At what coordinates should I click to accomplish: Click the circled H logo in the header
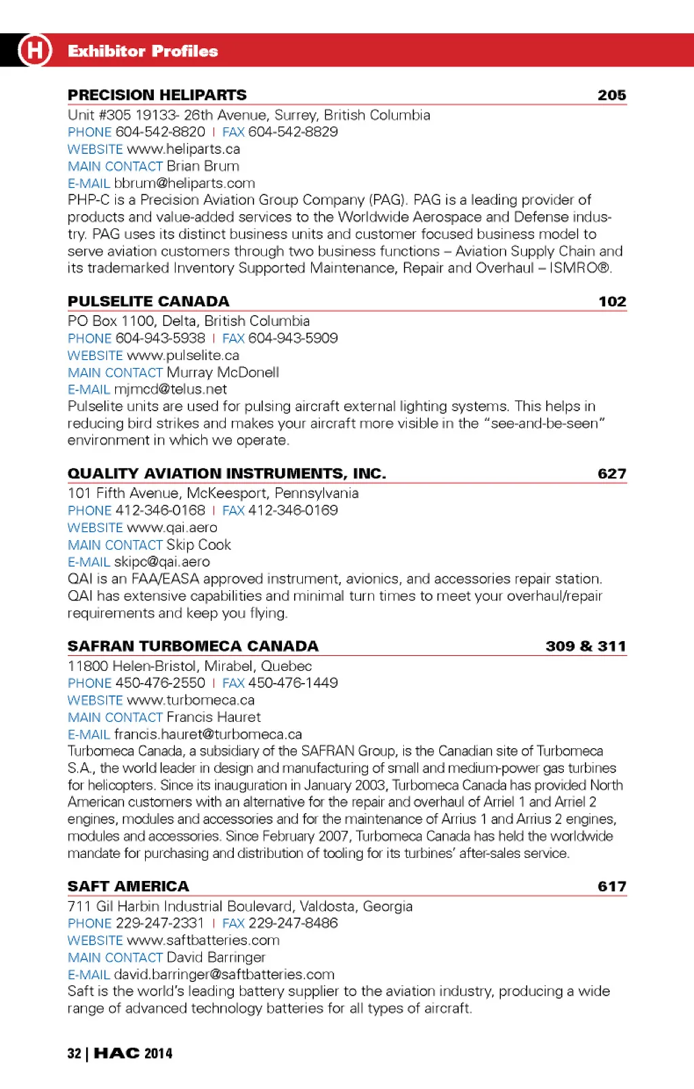tap(35, 50)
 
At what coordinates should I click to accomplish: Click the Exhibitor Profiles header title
tap(142, 51)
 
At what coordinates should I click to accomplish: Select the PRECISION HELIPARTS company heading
tap(157, 95)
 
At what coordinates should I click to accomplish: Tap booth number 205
tap(611, 95)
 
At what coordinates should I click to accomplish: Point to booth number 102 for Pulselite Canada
tap(612, 302)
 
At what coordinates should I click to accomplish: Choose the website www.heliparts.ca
tap(183, 149)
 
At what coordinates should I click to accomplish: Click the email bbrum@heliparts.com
tap(184, 183)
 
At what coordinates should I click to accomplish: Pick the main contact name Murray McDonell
tap(223, 373)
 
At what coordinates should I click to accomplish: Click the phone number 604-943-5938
tap(160, 338)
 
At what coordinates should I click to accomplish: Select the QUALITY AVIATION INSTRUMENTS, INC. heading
tap(226, 474)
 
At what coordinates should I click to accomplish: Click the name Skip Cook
tap(199, 545)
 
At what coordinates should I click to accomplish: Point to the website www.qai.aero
tap(172, 528)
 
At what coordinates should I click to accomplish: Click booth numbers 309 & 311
tap(586, 646)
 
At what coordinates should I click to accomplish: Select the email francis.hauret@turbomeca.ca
tap(208, 734)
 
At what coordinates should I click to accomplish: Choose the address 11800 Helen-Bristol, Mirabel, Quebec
tap(190, 666)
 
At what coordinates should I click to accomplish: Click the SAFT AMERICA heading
tap(128, 886)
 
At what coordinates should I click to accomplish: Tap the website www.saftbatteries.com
tap(203, 940)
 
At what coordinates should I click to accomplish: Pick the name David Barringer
tap(216, 958)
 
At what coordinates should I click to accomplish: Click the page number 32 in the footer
tap(74, 1053)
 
